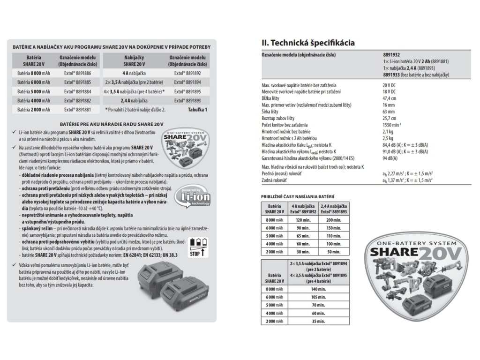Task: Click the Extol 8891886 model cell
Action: tap(77, 74)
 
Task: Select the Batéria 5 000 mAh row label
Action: tap(34, 91)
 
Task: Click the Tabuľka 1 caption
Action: tap(196, 109)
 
